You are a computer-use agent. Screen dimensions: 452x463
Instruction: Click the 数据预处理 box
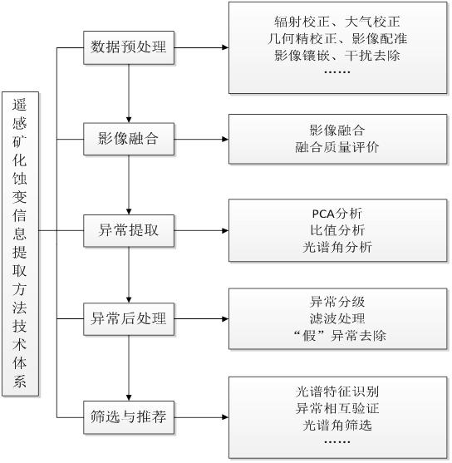click(129, 47)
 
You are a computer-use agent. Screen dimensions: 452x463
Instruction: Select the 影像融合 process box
click(129, 139)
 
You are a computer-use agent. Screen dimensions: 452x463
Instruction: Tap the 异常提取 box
click(129, 230)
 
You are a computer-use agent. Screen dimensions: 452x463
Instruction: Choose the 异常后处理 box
click(129, 319)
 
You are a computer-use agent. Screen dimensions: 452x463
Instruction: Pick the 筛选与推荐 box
click(129, 417)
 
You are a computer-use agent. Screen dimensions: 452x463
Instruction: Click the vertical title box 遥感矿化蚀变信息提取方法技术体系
click(21, 244)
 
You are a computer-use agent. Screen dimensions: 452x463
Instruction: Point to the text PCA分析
click(337, 214)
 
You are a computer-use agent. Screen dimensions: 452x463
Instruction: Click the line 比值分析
click(337, 230)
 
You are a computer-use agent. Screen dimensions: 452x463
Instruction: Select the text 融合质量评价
click(337, 147)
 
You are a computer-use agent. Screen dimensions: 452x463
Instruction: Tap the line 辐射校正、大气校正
click(337, 22)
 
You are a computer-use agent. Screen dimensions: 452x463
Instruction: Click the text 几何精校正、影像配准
click(337, 38)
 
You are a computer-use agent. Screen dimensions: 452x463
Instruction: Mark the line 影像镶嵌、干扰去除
click(337, 55)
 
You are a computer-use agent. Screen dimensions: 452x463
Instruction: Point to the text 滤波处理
click(337, 318)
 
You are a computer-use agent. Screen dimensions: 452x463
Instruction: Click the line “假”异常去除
click(340, 336)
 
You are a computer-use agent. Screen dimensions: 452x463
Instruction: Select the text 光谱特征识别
click(337, 392)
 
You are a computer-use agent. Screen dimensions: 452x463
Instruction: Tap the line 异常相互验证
click(337, 408)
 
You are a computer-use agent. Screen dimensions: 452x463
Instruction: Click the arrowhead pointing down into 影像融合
click(129, 120)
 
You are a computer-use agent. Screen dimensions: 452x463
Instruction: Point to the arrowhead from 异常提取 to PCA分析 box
click(225, 230)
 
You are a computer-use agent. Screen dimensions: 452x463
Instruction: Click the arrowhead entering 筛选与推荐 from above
click(129, 397)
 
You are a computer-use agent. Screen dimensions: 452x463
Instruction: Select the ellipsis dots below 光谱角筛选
click(337, 442)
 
